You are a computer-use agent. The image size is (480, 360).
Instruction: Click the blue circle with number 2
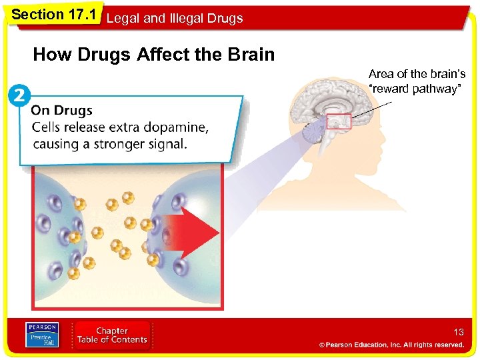(x=19, y=95)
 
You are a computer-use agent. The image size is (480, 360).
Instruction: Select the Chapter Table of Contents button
(x=112, y=335)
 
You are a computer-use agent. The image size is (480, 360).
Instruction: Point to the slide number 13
(x=458, y=332)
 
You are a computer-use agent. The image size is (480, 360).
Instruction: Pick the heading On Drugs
(x=62, y=111)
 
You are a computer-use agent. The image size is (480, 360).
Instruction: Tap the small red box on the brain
(x=339, y=121)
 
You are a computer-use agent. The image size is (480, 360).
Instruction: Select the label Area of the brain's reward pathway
(x=417, y=81)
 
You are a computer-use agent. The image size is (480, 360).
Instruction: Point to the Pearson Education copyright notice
(x=391, y=345)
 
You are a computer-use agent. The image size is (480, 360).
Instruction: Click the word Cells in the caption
(x=48, y=127)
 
